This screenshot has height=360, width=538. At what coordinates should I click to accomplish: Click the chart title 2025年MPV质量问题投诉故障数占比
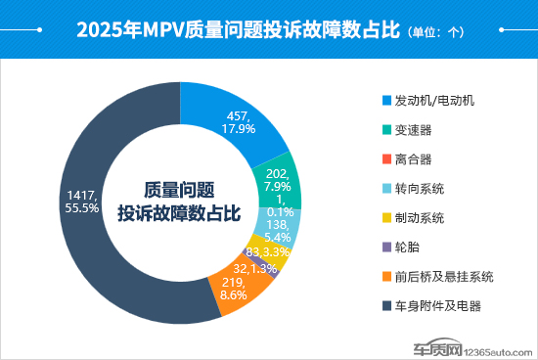239,29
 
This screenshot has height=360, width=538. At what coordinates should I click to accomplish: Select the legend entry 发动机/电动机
433,101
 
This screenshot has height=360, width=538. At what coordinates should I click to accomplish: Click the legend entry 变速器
414,130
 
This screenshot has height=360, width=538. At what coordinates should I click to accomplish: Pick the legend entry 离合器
414,158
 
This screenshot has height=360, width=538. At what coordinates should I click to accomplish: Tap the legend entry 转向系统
420,188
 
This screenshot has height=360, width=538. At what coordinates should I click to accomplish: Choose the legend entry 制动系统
420,217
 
